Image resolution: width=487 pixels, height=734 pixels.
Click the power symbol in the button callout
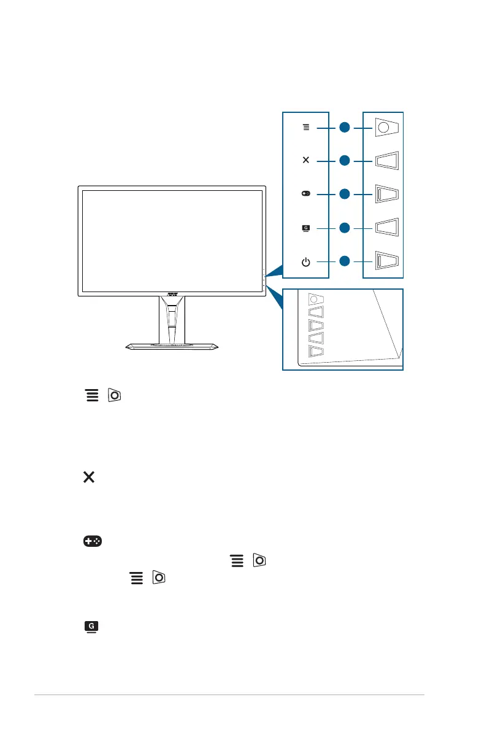305,262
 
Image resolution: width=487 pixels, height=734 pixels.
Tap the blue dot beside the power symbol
345,261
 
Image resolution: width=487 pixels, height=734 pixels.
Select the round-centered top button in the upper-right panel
385,128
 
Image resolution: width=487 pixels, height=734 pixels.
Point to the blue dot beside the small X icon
345,161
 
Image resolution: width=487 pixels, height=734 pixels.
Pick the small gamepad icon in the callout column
305,194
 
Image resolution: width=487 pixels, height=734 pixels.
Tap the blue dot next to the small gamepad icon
345,194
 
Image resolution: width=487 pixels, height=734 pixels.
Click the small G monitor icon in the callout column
305,228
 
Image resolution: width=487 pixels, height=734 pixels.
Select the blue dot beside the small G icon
345,228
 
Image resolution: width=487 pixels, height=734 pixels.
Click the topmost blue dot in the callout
345,128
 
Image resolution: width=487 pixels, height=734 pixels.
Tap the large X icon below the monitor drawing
88,477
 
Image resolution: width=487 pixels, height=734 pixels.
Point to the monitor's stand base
172,347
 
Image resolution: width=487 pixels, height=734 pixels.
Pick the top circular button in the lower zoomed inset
314,298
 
